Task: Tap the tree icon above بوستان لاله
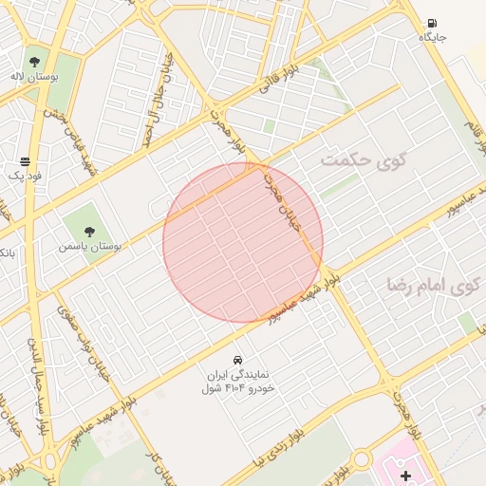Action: [62, 62]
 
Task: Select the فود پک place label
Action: [25, 175]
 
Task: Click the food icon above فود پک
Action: [25, 160]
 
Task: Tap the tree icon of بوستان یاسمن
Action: [90, 231]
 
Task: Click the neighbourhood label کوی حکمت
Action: [363, 159]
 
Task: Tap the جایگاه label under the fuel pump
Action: [433, 38]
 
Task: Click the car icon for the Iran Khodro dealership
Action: [237, 361]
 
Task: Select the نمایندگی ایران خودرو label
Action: [239, 382]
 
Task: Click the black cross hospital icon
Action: [406, 475]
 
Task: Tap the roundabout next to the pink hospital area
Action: [361, 461]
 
